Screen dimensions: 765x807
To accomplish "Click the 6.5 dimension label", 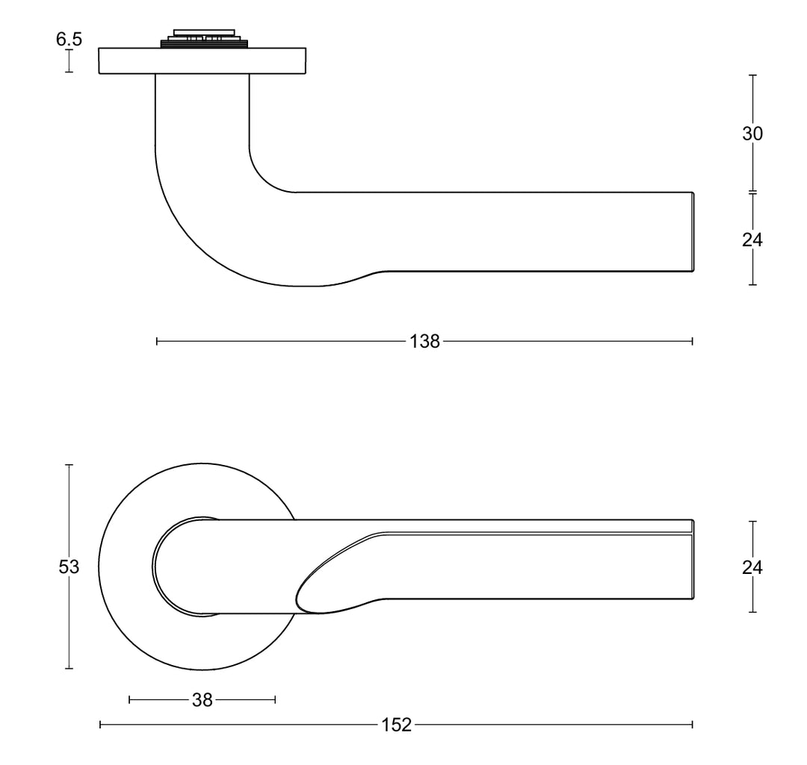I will [x=69, y=39].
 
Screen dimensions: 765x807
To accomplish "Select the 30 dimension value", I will [x=752, y=134].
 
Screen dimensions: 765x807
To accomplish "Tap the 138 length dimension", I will [x=424, y=342].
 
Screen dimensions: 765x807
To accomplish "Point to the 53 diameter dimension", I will [x=69, y=567].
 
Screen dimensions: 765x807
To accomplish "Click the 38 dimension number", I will [x=202, y=700].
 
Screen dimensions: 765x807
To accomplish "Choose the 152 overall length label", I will [x=397, y=725].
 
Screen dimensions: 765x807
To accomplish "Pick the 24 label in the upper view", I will [x=752, y=240].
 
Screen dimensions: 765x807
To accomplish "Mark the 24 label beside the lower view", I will [x=752, y=567].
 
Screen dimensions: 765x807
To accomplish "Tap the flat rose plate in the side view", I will [x=202, y=61].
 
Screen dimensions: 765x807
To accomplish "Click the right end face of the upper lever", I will [x=692, y=231].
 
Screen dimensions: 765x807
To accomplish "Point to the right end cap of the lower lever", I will [x=692, y=560].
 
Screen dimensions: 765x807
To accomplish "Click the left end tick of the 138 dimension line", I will [x=157, y=342].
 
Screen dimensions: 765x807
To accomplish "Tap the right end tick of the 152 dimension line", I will [x=693, y=724].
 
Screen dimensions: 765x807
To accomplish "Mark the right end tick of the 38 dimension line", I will [x=276, y=699].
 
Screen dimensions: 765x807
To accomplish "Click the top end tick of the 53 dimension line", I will [x=69, y=465].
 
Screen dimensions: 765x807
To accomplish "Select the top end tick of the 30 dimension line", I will [x=752, y=75].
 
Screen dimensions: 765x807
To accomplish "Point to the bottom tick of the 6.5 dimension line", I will [x=69, y=72].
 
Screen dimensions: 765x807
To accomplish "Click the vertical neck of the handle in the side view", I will [x=202, y=112].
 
